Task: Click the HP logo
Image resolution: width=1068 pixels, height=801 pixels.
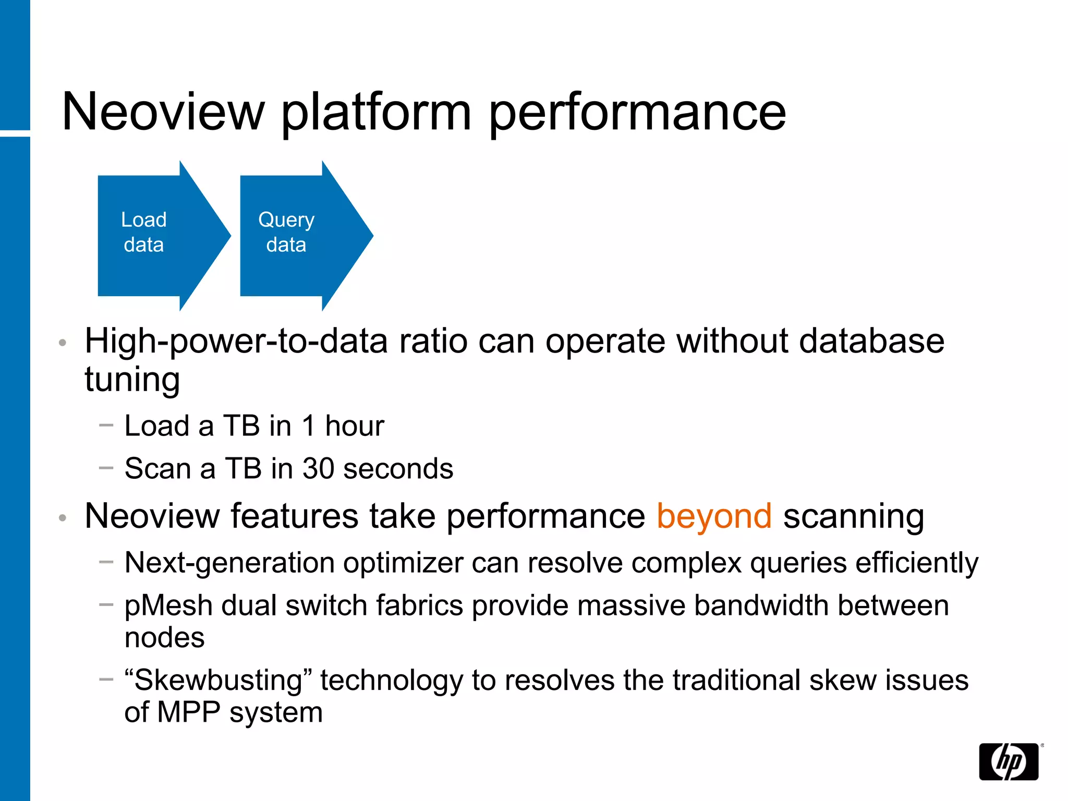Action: tap(1009, 761)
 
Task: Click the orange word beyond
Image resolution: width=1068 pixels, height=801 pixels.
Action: tap(713, 517)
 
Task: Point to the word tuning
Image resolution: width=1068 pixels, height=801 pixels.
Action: tap(132, 380)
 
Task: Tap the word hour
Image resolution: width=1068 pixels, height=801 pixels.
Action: tap(355, 426)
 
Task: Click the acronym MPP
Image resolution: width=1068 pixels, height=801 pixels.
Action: tap(188, 712)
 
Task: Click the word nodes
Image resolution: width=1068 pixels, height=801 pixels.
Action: tap(164, 638)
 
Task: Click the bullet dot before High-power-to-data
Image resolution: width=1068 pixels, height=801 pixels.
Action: tap(63, 343)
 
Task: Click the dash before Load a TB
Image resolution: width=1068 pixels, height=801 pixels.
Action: tap(106, 425)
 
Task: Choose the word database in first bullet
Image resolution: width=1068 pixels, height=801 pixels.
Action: tap(871, 342)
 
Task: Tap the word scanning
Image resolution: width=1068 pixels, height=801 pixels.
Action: tap(853, 517)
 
